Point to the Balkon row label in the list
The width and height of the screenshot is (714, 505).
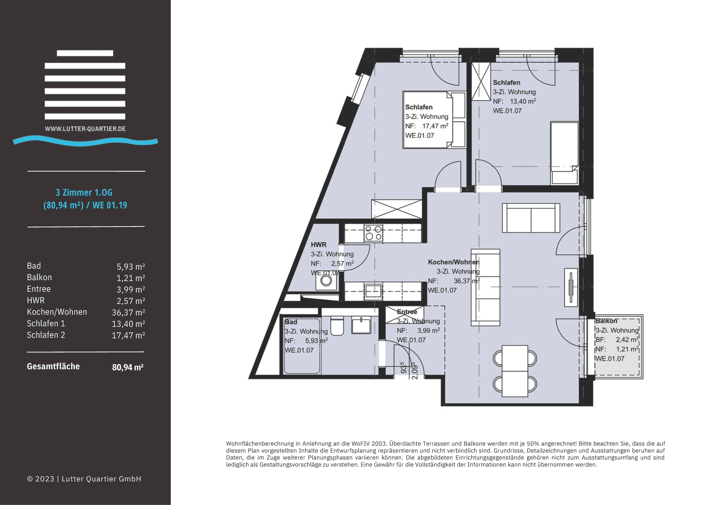pos(39,277)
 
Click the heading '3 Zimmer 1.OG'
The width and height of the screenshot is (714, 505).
pos(84,193)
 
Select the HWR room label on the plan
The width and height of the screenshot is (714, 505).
pos(318,245)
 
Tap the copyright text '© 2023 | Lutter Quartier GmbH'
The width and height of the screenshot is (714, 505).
pos(84,479)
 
